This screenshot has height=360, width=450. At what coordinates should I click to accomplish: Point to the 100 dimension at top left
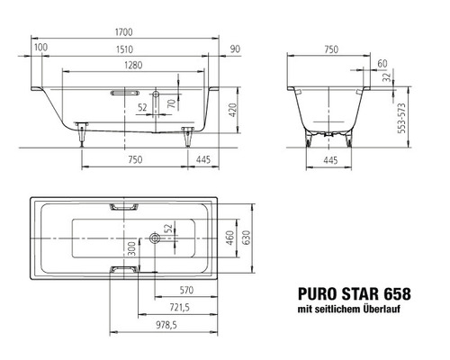[x=40, y=47]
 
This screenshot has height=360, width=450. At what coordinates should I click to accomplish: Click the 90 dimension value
[x=235, y=47]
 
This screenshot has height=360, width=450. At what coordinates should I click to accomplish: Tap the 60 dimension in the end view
[x=382, y=63]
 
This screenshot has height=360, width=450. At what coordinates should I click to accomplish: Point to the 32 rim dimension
[x=386, y=78]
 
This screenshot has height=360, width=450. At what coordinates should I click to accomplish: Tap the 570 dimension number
[x=185, y=290]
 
